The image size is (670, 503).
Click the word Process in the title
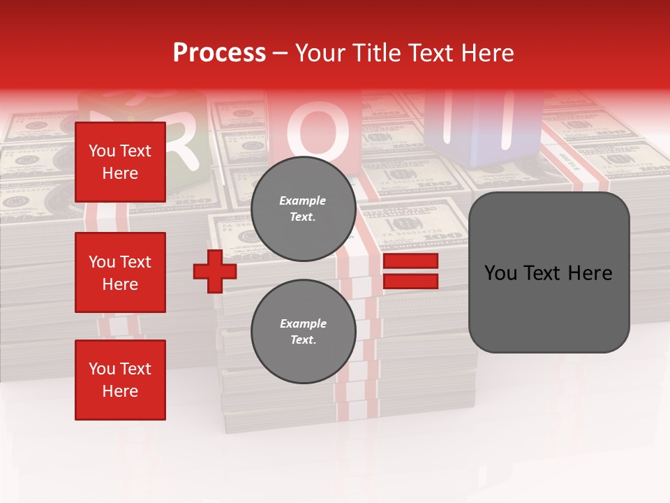(219, 53)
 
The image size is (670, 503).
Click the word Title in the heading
(374, 53)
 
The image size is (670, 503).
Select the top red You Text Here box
(120, 162)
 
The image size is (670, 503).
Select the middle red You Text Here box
(120, 272)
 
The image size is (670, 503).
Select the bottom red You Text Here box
(120, 380)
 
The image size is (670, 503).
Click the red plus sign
(215, 271)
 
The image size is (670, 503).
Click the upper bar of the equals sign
(410, 261)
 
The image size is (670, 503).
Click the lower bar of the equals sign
(410, 282)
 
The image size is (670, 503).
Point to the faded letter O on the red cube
(318, 130)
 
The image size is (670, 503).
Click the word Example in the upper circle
(302, 201)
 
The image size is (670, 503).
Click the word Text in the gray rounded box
(549, 273)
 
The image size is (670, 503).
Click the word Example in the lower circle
(303, 323)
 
